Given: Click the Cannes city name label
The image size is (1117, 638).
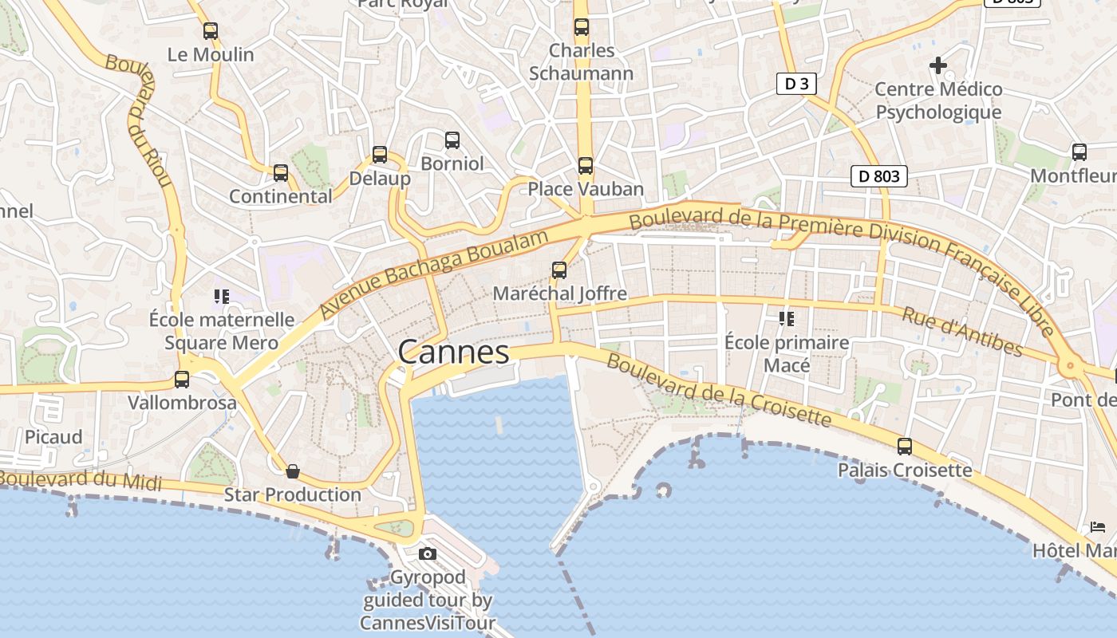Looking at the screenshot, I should [453, 352].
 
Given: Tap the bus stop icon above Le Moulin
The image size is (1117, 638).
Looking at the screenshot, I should [211, 31].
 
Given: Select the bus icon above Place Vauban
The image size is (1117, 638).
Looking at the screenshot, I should [586, 166].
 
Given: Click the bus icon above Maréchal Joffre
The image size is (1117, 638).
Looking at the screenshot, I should [559, 270].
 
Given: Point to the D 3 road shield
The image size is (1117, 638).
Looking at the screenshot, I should [796, 83].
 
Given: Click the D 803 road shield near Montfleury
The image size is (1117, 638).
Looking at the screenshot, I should [879, 176].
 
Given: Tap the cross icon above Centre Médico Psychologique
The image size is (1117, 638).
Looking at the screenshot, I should [938, 65].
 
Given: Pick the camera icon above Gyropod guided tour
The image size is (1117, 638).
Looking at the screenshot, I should [428, 553].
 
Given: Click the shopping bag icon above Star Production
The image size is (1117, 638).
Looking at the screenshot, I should [293, 471].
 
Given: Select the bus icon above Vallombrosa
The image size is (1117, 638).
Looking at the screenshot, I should [182, 380].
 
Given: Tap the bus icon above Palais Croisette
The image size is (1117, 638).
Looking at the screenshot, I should [905, 447].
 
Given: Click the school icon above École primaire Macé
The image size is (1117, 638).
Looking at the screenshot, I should [787, 319].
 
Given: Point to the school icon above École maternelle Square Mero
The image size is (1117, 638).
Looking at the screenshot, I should [222, 297].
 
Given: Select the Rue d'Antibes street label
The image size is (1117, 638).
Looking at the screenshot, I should [961, 332].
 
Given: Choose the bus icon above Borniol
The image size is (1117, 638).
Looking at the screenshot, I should [452, 140].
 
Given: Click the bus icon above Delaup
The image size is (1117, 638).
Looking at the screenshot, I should [380, 155].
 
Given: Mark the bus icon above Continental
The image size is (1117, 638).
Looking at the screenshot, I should [281, 173].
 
